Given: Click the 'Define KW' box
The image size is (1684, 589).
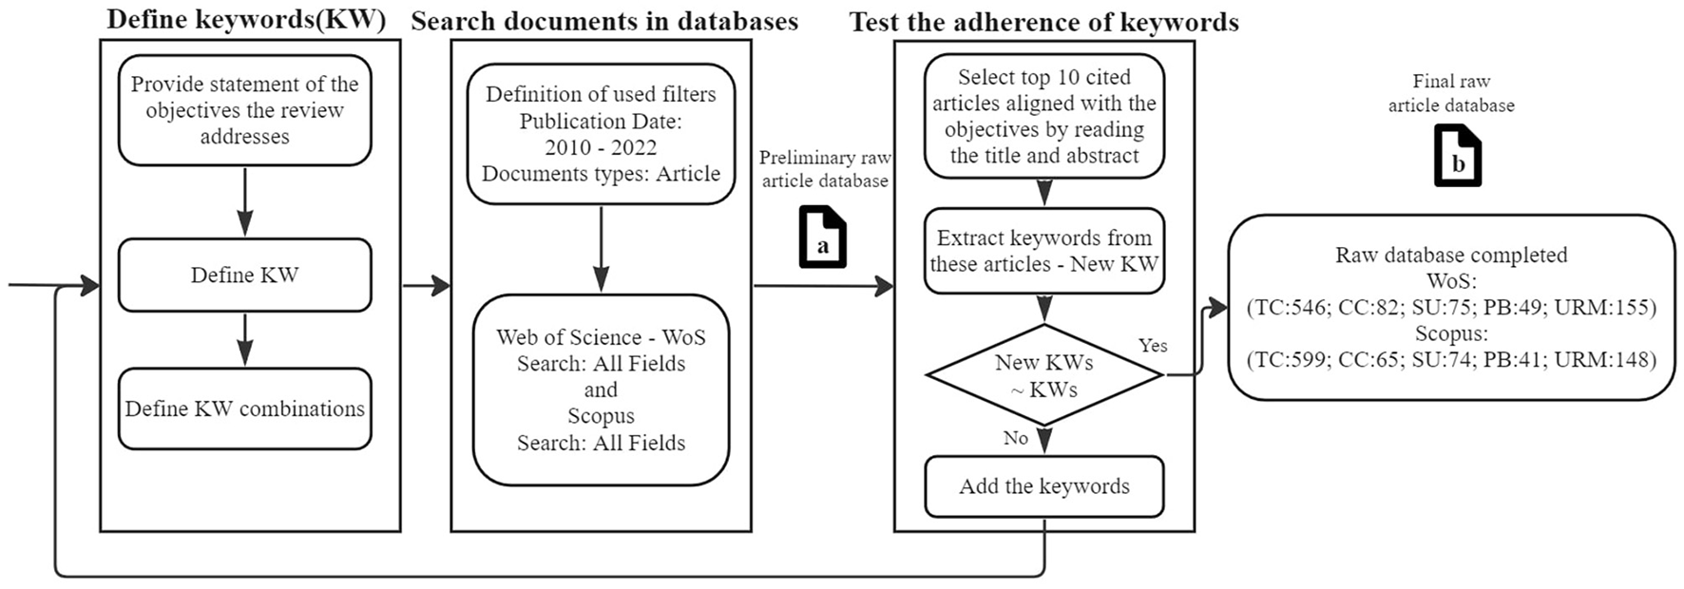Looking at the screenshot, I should (x=244, y=275).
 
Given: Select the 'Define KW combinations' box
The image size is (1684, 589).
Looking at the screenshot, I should (x=244, y=408).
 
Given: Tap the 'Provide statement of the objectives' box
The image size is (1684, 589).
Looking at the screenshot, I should (x=244, y=110).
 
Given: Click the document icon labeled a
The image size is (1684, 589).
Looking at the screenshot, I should (x=822, y=238).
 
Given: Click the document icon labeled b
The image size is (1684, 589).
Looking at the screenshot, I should (x=1457, y=158).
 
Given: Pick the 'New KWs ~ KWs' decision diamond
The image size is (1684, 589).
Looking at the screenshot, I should (x=1043, y=375).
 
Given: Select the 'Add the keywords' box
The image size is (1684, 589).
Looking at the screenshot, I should (x=1043, y=486).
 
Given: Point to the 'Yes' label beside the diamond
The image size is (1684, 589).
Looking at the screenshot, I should (x=1153, y=346).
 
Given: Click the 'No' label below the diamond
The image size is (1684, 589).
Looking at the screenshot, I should (x=1015, y=438).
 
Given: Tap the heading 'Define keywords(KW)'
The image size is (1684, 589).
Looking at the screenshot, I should (x=246, y=21).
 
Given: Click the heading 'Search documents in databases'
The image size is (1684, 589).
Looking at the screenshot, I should (x=604, y=21).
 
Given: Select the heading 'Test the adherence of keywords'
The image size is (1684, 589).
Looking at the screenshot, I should (x=1043, y=22).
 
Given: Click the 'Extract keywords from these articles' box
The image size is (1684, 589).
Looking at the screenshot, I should (x=1043, y=251).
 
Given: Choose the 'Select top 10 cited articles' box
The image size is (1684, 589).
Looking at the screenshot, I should (x=1043, y=116).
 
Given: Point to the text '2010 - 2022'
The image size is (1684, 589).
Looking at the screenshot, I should (x=601, y=147).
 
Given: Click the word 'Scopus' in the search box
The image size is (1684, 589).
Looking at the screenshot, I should (x=601, y=416).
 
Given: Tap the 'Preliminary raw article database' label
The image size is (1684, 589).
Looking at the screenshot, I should (x=824, y=169).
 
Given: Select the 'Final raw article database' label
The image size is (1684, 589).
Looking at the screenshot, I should (x=1451, y=93).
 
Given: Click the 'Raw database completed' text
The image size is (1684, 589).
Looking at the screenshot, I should (x=1451, y=255).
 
